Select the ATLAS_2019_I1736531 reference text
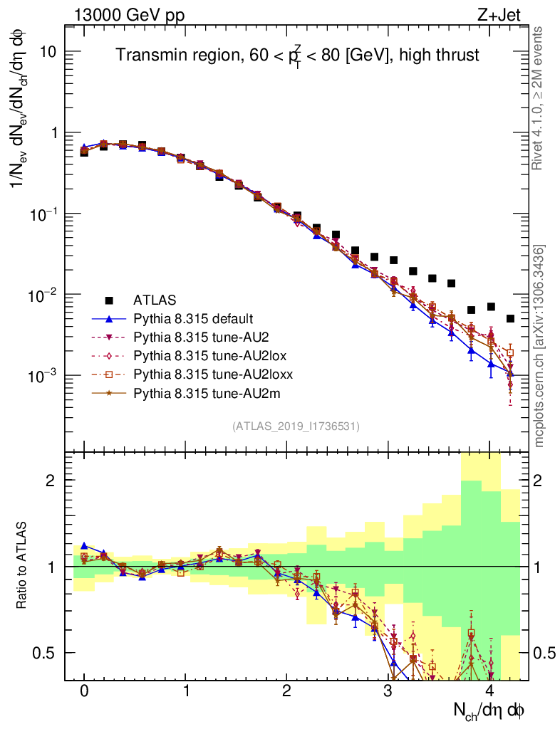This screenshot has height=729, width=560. click(296, 426)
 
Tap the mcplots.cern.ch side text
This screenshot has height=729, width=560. click(540, 346)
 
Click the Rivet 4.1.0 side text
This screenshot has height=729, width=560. click(539, 98)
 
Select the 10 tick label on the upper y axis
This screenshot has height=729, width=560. click(48, 53)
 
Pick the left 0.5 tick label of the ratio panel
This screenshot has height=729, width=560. click(46, 653)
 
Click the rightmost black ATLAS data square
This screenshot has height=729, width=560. click(510, 318)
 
